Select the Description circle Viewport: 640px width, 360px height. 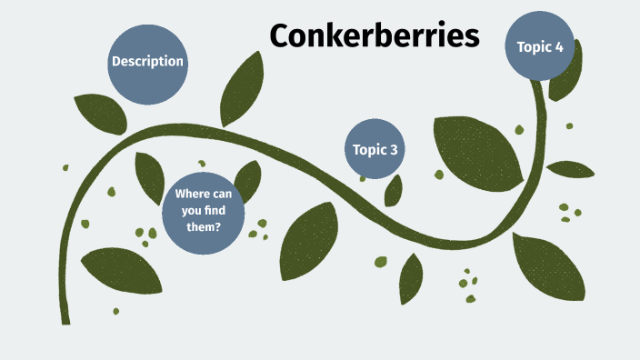pos(147,62)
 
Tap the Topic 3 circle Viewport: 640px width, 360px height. pos(375,149)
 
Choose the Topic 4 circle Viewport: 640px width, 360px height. pos(541,47)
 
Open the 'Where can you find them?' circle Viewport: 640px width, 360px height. pos(203,211)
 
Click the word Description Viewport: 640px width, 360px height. pos(147,62)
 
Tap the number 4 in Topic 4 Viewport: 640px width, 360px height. pos(560,47)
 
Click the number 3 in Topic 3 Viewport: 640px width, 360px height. pos(394,150)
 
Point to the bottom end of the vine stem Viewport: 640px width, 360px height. pos(65,320)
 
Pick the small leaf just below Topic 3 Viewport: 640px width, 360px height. pos(394,190)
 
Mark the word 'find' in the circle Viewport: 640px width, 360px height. pos(215,211)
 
